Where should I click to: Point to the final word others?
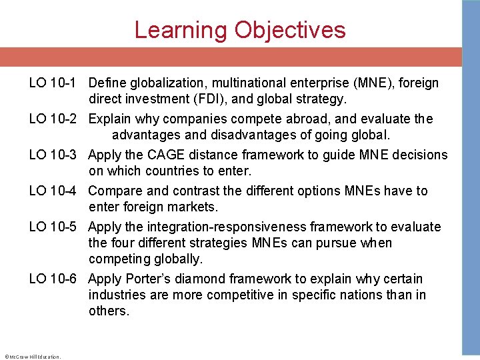click(x=109, y=311)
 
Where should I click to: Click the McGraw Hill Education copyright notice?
click(x=32, y=357)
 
